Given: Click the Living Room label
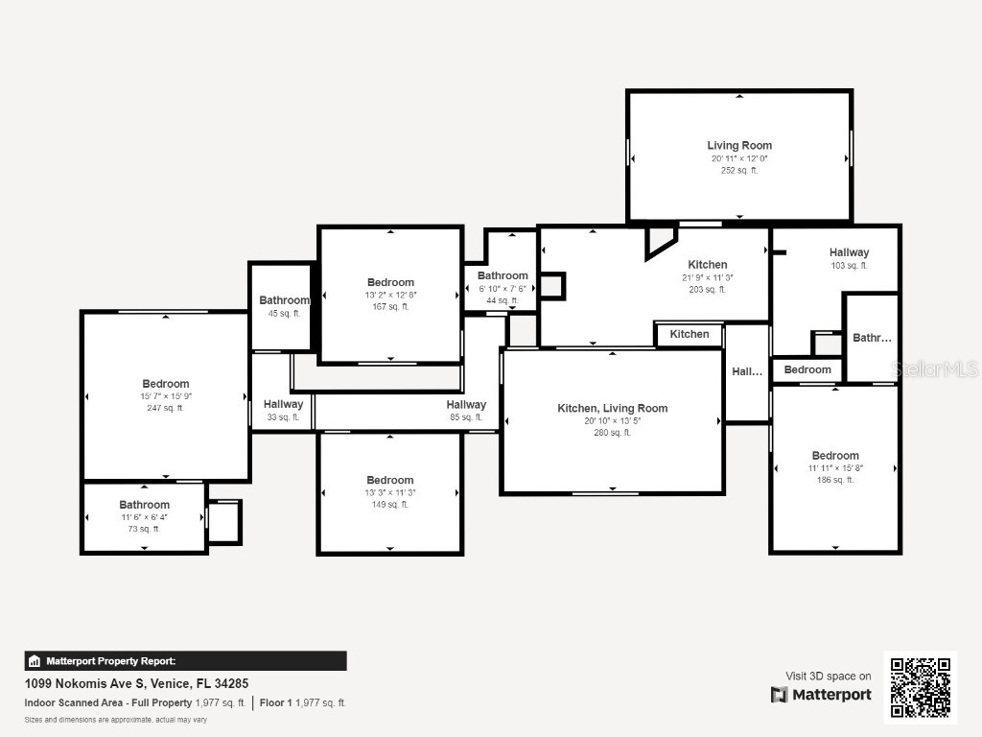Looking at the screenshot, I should (739, 146).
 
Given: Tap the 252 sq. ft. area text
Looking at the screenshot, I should (739, 171).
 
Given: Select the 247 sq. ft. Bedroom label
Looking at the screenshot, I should (166, 384).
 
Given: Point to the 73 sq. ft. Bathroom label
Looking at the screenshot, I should (144, 505).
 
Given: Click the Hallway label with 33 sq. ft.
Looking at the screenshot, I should (283, 405).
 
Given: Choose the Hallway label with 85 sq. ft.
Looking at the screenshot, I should (466, 405).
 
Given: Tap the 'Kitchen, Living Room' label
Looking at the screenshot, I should (612, 409).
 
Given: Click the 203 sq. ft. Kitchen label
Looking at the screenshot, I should (708, 265).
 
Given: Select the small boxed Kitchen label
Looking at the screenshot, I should (690, 335).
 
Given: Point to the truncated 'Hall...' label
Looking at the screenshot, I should (747, 372).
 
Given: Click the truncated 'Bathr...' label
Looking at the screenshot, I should (872, 338).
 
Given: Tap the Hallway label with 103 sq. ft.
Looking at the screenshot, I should (849, 253).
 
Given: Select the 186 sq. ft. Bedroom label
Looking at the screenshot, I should (835, 456).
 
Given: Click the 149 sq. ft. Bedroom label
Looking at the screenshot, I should (390, 480).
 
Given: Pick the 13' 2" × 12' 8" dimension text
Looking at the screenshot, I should (390, 295).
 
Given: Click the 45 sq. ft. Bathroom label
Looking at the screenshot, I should (284, 300).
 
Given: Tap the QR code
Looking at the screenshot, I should (920, 687).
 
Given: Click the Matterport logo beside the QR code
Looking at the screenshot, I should (821, 695).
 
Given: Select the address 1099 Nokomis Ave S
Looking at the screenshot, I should (136, 684).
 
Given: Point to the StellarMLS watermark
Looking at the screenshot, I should (934, 369).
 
